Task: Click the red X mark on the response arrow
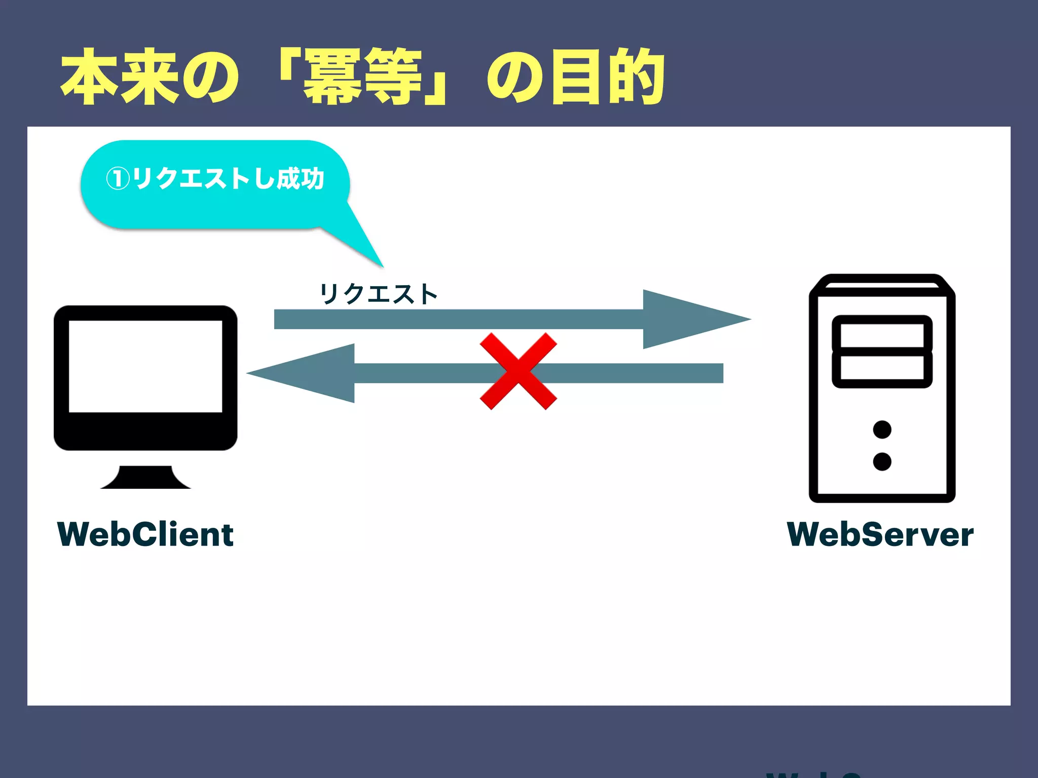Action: point(518,371)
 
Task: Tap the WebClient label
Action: point(145,534)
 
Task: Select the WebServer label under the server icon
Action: point(880,534)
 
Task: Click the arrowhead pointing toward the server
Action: point(694,319)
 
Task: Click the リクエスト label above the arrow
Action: point(378,294)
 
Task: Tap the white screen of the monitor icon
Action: point(145,366)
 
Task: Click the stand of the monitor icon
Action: point(145,478)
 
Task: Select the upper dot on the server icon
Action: point(882,430)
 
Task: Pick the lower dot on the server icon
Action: point(882,461)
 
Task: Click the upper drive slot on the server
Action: point(882,334)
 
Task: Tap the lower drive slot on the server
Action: point(882,368)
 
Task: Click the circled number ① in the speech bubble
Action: point(118,179)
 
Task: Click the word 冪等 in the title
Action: point(363,77)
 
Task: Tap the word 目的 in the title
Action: point(608,77)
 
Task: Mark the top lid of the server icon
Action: point(882,284)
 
